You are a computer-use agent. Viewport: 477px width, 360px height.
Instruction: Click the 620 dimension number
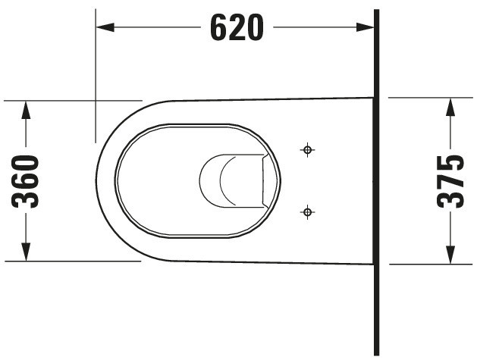click(237, 28)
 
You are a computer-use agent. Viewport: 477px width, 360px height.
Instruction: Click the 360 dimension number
click(26, 182)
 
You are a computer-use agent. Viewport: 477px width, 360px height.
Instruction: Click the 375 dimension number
click(450, 182)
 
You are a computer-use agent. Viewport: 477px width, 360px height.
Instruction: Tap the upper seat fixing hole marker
click(307, 149)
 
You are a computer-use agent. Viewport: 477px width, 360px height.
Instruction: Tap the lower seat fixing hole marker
click(307, 211)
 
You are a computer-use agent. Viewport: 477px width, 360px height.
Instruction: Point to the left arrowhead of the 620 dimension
click(105, 27)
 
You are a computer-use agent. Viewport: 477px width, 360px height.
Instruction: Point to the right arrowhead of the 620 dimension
click(365, 27)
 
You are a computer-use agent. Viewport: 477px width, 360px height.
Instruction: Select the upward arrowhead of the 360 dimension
click(26, 110)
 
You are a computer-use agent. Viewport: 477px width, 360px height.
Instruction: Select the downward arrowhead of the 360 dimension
click(26, 252)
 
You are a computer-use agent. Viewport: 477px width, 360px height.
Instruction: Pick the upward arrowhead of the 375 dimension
click(450, 107)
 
